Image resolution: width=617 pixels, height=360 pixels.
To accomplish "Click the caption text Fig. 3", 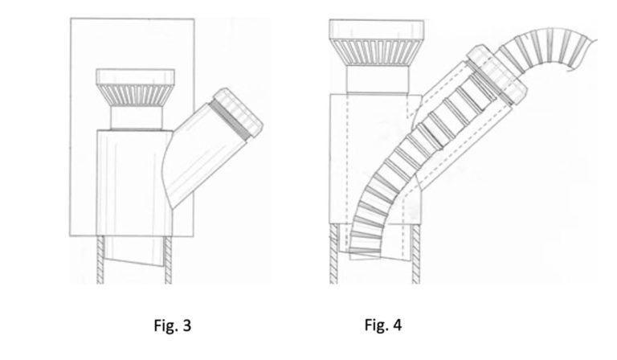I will click(172, 325).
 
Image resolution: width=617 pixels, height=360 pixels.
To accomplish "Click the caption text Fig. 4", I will click(383, 325).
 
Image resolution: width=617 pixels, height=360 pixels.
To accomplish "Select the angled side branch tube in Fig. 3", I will click(201, 161).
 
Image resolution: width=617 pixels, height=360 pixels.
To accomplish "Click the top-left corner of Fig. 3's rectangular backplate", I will click(71, 18).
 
